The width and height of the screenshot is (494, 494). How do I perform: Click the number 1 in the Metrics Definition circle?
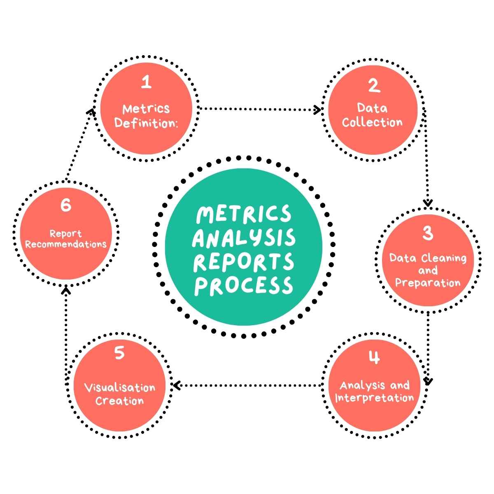coord(146,83)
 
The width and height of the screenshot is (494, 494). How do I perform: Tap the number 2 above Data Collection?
coord(373,86)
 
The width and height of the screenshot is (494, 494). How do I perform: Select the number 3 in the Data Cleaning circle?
coord(428,233)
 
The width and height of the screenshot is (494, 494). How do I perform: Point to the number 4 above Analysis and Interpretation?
coord(374,358)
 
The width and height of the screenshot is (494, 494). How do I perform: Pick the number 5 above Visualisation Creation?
coord(119,353)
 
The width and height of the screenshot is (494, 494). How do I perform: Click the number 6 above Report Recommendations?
coord(66,205)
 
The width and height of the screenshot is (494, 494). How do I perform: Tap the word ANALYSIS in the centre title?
coord(244,238)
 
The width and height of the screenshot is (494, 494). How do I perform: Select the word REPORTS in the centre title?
coord(244,262)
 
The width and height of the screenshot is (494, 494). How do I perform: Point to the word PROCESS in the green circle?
coord(244,286)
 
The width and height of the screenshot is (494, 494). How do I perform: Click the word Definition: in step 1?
coord(147,123)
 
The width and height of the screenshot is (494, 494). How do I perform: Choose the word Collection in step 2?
coord(372,122)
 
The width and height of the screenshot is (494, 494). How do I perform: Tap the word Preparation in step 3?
coord(428,283)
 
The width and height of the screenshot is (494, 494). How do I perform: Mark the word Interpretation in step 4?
coord(374,398)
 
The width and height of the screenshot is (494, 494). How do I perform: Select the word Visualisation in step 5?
coord(119,387)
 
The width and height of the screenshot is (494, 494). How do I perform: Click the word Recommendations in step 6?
coord(66,244)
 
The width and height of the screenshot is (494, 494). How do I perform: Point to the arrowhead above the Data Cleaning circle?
coord(428,203)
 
